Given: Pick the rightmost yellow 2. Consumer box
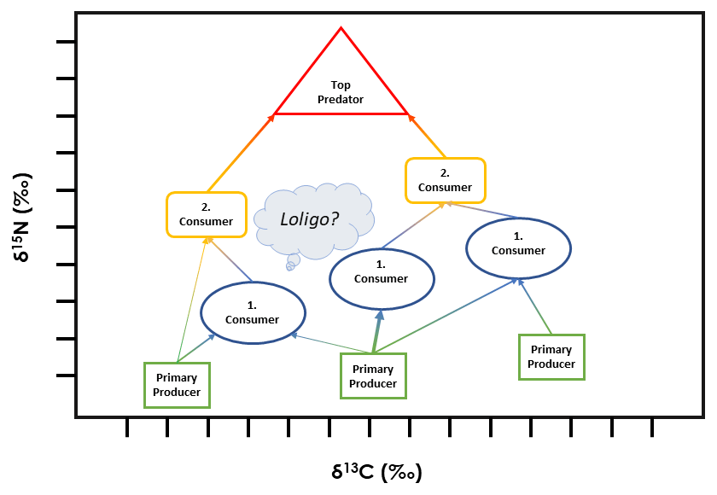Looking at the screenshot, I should click(x=445, y=180).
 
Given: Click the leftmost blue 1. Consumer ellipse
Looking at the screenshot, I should click(x=253, y=312).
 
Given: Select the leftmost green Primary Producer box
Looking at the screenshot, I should click(x=177, y=384).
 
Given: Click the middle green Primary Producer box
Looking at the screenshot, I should click(x=373, y=376).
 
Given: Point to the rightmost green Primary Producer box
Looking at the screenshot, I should click(x=551, y=357).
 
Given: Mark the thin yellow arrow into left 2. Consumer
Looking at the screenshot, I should click(x=192, y=299).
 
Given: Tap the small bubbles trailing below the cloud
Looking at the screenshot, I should click(x=291, y=263).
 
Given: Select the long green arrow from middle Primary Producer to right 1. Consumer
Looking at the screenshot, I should click(x=444, y=315).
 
